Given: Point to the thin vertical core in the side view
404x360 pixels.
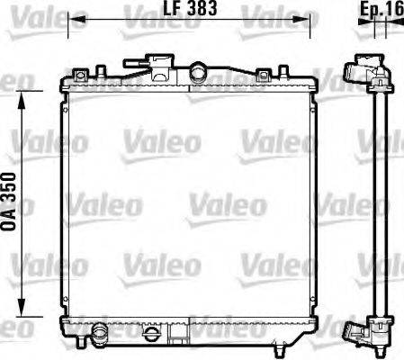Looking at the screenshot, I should (x=377, y=198).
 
